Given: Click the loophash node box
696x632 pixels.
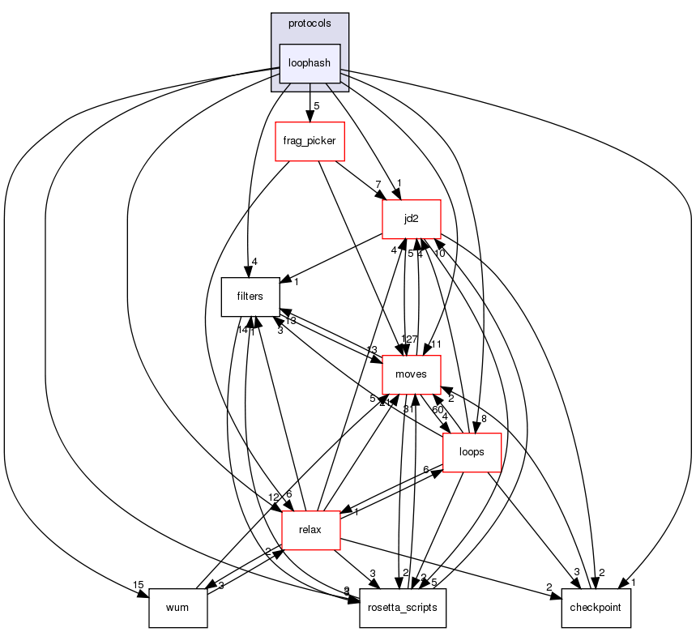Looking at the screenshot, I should coord(310,63).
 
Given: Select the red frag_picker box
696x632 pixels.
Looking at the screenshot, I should coord(310,142).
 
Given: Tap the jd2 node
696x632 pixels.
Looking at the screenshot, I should coord(412,219).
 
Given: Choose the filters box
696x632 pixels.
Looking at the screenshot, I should coord(250,297).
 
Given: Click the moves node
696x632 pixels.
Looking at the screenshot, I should coord(412,375).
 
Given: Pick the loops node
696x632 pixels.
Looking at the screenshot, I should coord(472,453).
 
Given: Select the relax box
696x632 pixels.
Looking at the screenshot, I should coord(310,531).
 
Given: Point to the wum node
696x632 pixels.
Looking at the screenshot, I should coord(178,608).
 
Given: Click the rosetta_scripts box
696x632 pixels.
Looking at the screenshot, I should coord(403,608).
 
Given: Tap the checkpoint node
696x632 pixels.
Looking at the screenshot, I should coord(596,608).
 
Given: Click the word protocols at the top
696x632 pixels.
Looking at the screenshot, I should coord(309,23).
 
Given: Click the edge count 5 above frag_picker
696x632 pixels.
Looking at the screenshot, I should coord(317,106).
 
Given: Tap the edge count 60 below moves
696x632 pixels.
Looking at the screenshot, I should coord(438,409).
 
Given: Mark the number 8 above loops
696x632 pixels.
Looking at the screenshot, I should coord(483,419).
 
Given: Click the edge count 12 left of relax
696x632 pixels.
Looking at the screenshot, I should coord(274,497).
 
